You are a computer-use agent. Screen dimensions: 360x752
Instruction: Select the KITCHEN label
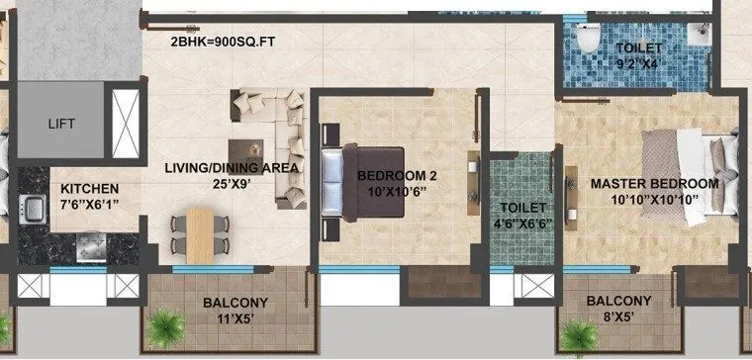[90, 189]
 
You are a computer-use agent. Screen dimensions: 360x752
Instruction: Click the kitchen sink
[31, 207]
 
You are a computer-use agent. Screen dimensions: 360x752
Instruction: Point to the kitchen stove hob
[91, 242]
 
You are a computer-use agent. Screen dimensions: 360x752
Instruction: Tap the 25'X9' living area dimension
[233, 184]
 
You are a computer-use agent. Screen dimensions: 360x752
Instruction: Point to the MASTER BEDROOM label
[654, 184]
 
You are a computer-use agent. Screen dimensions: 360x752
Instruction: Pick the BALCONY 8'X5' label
[617, 310]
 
